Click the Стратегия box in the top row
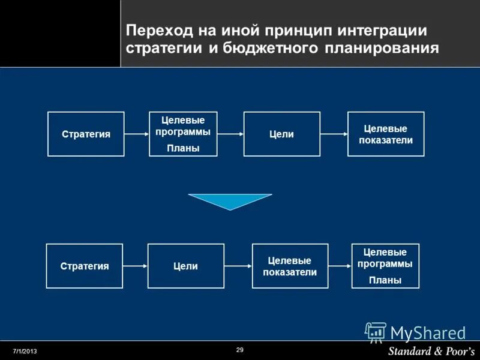(86, 134)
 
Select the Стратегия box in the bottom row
(85, 266)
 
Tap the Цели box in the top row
(281, 134)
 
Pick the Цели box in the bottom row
(185, 266)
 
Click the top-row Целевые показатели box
(386, 134)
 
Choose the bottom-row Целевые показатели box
(290, 266)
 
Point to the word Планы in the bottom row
(385, 280)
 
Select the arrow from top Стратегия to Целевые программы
(137, 134)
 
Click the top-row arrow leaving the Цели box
(334, 134)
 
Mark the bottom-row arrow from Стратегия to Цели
(135, 266)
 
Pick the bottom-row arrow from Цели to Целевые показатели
(238, 266)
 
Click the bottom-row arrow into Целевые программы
(339, 266)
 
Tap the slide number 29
(240, 350)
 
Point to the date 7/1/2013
(25, 350)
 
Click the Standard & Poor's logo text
(431, 350)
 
